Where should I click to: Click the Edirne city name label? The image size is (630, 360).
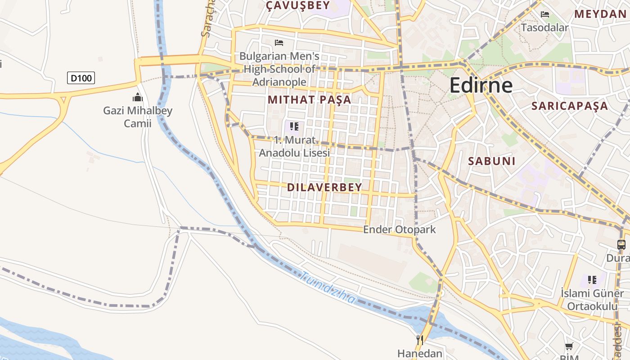tap(481, 85)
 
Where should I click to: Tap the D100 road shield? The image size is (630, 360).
tap(81, 78)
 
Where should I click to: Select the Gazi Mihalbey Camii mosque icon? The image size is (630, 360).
tap(137, 97)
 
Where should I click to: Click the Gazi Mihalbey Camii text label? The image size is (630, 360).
tap(138, 117)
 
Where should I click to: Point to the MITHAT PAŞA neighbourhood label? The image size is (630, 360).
tap(309, 100)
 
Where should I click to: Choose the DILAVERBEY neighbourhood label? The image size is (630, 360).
tap(324, 187)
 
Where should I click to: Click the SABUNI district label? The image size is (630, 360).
tap(491, 161)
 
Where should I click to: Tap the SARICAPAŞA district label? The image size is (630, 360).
tap(569, 106)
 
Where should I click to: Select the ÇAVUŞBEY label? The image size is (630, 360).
tap(297, 5)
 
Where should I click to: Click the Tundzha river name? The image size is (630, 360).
tap(328, 288)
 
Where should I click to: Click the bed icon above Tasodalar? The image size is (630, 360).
tap(545, 14)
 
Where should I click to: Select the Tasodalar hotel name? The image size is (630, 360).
tap(544, 27)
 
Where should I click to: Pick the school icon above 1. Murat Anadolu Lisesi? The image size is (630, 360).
tap(294, 126)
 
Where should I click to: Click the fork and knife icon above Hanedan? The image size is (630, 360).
tap(420, 340)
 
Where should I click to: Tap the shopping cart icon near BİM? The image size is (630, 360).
tap(569, 346)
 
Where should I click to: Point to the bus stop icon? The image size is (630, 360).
tap(621, 245)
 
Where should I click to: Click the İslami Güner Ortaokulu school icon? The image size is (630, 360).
tap(592, 280)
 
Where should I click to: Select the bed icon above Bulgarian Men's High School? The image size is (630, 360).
tap(279, 43)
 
